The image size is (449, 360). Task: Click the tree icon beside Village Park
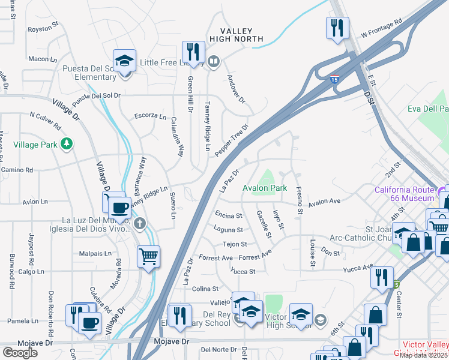click(x=68, y=144)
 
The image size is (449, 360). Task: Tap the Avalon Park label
click(x=265, y=188)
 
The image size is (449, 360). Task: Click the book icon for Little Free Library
click(x=213, y=62)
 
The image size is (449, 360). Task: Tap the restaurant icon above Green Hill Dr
click(x=191, y=50)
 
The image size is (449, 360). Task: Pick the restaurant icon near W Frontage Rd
click(x=335, y=27)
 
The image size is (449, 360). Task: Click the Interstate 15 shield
click(x=334, y=79)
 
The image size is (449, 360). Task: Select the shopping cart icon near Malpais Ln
click(x=148, y=257)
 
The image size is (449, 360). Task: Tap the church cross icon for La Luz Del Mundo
click(x=140, y=224)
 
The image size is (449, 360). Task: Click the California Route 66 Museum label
click(x=404, y=194)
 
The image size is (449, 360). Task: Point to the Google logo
click(x=20, y=353)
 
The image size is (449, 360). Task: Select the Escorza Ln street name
click(x=150, y=116)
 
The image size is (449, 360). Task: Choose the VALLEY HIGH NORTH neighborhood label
click(x=237, y=35)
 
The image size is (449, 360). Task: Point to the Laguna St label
click(x=228, y=230)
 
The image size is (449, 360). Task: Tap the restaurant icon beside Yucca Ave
click(x=381, y=277)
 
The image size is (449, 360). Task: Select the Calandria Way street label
click(x=176, y=136)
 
